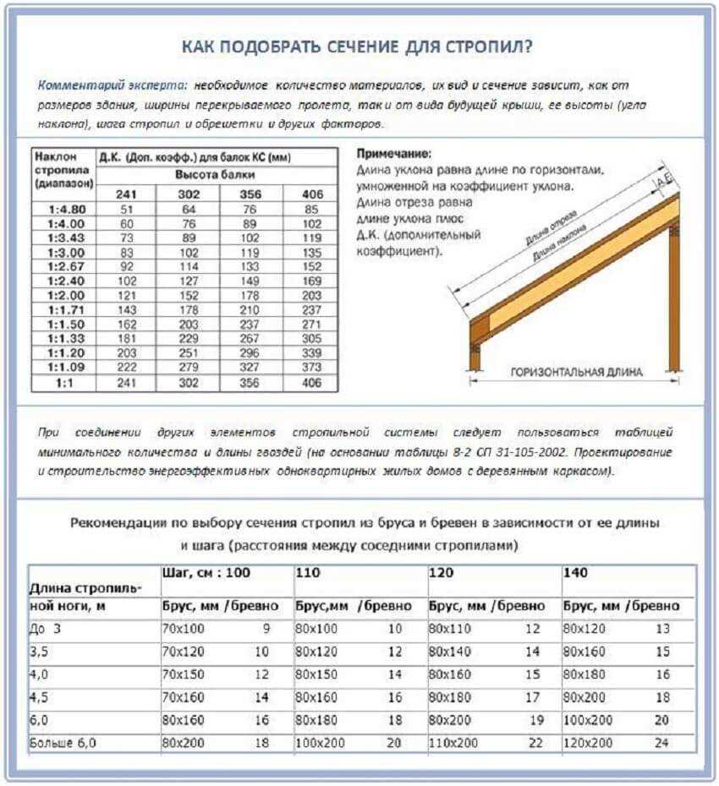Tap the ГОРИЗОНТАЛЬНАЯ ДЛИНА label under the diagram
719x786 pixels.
(575, 372)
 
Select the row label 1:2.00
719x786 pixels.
(63, 295)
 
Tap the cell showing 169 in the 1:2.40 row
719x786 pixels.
(312, 281)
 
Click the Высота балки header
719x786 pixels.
(217, 175)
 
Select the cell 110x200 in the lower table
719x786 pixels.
(453, 745)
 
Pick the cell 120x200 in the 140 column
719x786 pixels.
(588, 745)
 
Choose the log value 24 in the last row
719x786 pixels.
(662, 745)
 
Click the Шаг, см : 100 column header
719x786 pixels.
(206, 573)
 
